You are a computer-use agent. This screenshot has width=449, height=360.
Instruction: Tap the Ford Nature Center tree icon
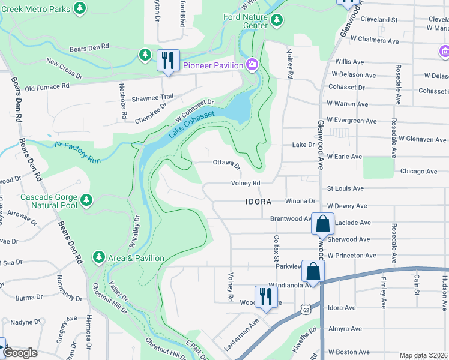point(276,21)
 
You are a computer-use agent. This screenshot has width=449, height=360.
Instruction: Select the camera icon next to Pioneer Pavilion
point(252,65)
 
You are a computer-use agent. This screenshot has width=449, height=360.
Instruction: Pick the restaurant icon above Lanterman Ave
point(264,296)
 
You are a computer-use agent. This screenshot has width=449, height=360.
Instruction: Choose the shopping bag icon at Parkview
point(313,271)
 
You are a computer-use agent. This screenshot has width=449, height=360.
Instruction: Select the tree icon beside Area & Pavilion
point(98,257)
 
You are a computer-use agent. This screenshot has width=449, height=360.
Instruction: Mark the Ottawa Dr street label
point(226,164)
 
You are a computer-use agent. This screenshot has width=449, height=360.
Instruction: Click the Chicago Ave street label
point(419,171)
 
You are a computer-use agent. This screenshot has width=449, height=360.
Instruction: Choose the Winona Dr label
point(300,201)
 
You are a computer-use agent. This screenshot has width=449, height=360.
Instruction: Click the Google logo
point(20,353)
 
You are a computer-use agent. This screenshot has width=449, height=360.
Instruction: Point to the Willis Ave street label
point(349,62)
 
